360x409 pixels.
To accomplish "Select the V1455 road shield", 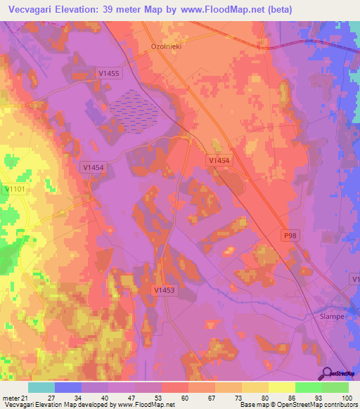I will pos(109,72).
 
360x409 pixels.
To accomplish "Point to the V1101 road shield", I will pos(15,189).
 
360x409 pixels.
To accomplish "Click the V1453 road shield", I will pos(165,289).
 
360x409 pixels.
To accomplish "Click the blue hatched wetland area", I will pos(133,110).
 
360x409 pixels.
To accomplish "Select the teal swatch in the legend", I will pos(41,387).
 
